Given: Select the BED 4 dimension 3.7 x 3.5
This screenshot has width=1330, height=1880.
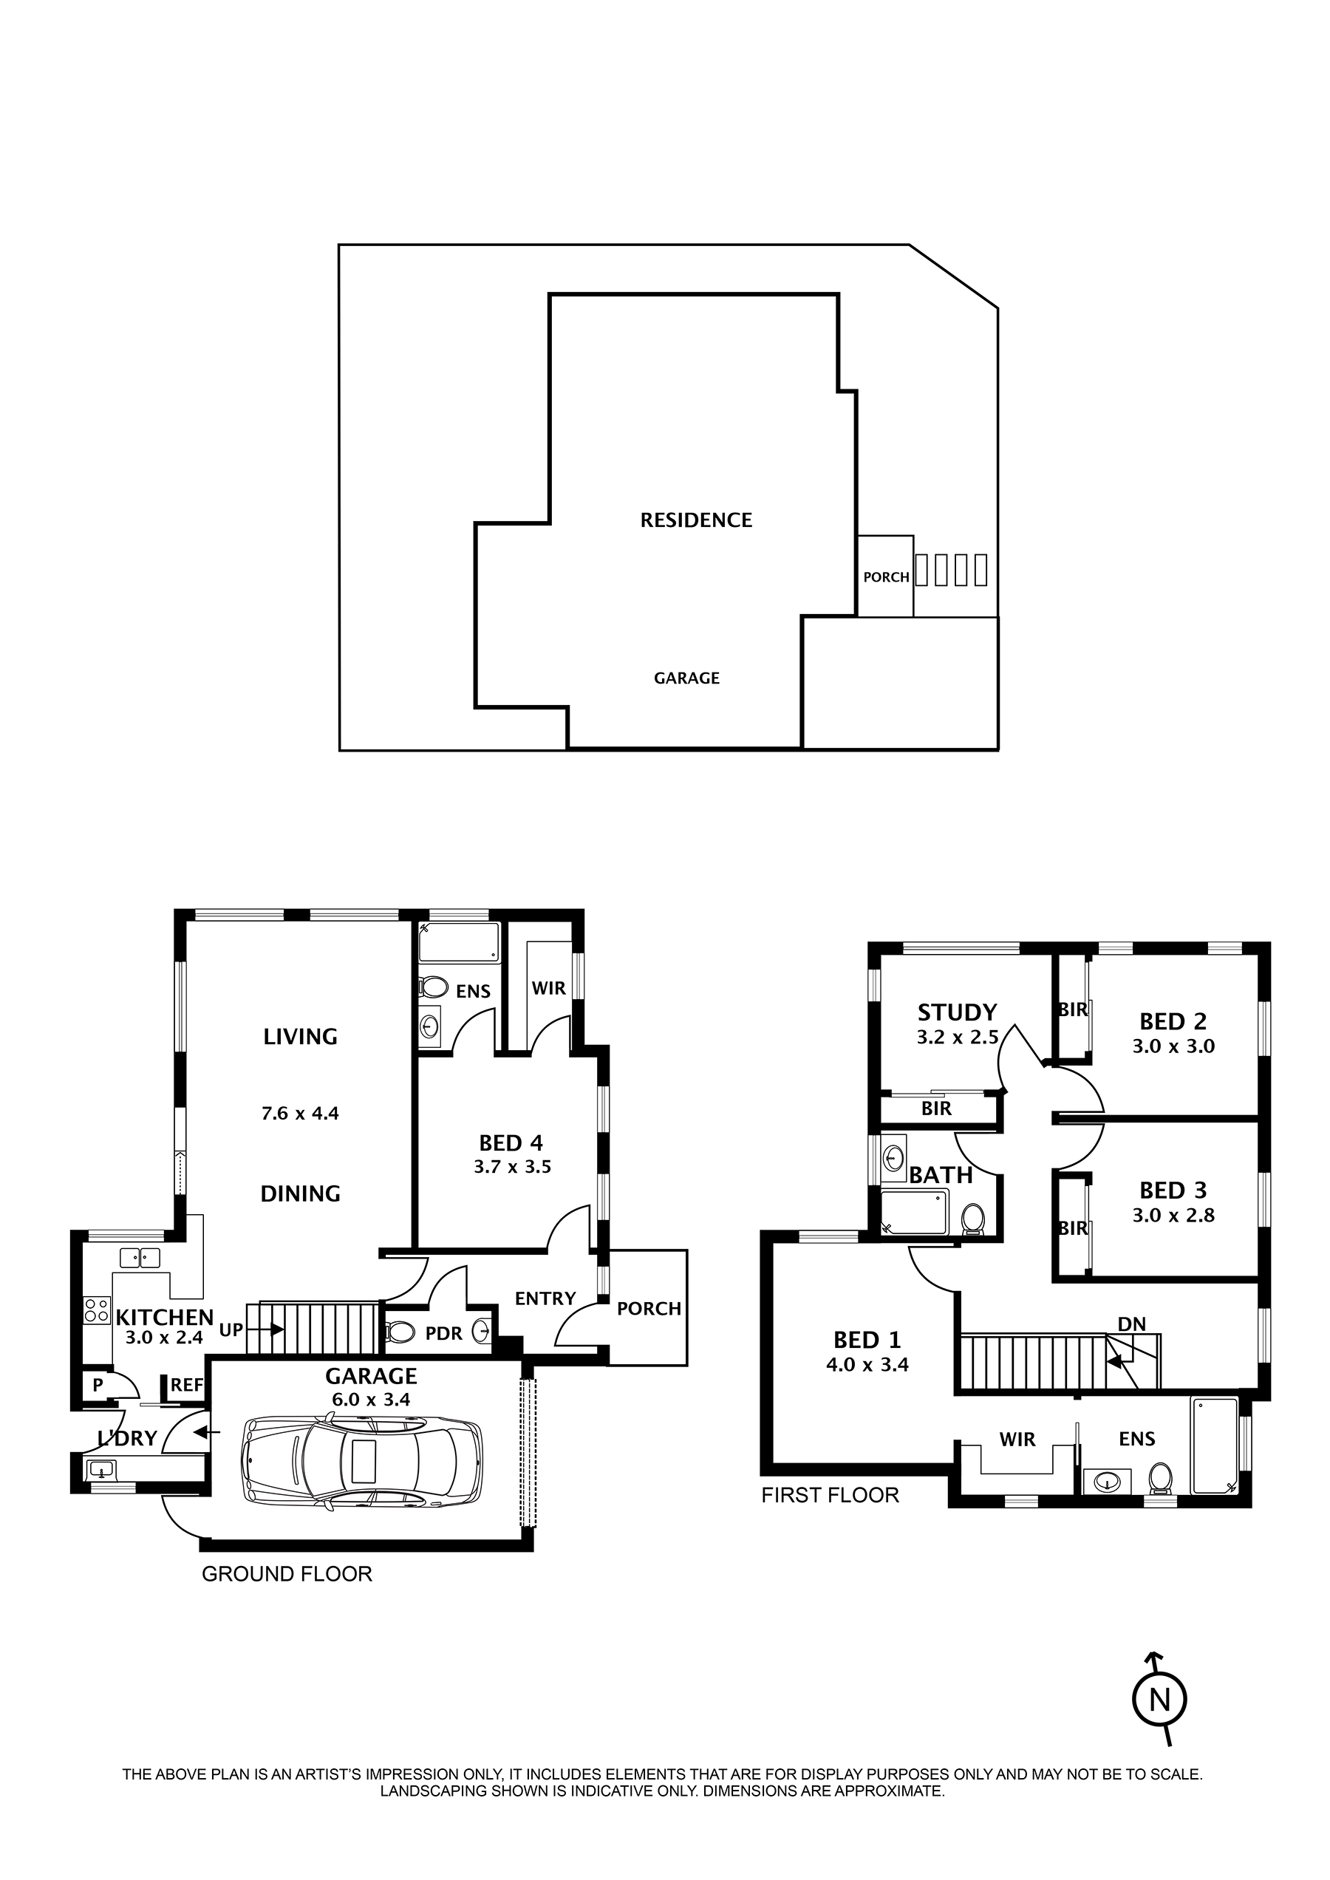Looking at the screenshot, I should point(512,1166).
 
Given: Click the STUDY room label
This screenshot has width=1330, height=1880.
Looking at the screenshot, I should point(957,1012).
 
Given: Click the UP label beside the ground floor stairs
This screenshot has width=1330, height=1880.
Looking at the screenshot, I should point(231,1329).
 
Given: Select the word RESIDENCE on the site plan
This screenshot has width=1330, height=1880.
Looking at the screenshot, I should point(696,520).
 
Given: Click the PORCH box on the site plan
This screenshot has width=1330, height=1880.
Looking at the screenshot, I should point(885,576).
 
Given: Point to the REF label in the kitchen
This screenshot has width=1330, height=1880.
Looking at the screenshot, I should point(187,1385).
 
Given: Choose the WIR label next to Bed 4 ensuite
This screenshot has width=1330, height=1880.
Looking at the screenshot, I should point(548,988).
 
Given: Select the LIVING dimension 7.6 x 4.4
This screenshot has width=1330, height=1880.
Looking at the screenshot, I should point(300,1113).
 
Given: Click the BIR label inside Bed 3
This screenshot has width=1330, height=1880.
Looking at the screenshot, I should point(1072,1228).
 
